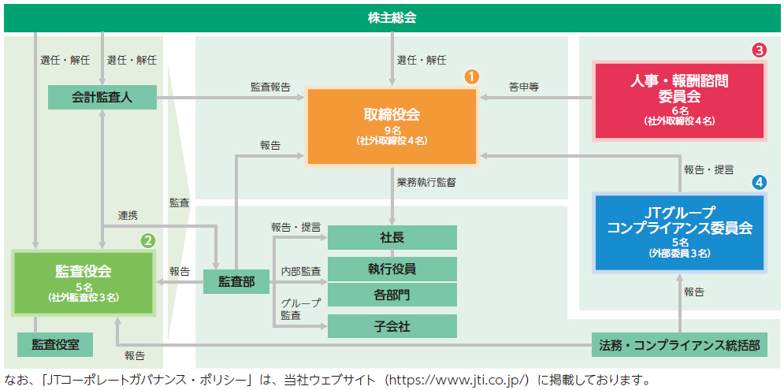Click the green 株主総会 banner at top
pyautogui.click(x=392, y=18)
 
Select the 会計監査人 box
pyautogui.click(x=102, y=97)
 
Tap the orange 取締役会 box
pyautogui.click(x=392, y=127)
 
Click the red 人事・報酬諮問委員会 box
pyautogui.click(x=679, y=100)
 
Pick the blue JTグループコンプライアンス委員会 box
pyautogui.click(x=679, y=232)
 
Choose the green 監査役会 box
pyautogui.click(x=84, y=283)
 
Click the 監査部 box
pyautogui.click(x=236, y=281)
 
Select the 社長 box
pyautogui.click(x=392, y=237)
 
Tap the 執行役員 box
pyautogui.click(x=392, y=269)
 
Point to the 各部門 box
pyautogui.click(x=392, y=295)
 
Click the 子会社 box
pyautogui.click(x=392, y=326)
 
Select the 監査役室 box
pyautogui.click(x=55, y=344)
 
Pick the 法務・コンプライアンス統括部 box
pyautogui.click(x=679, y=344)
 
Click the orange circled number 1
pyautogui.click(x=472, y=76)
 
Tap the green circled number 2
pyautogui.click(x=148, y=241)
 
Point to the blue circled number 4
pyautogui.click(x=760, y=183)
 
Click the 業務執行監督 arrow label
pyautogui.click(x=426, y=183)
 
